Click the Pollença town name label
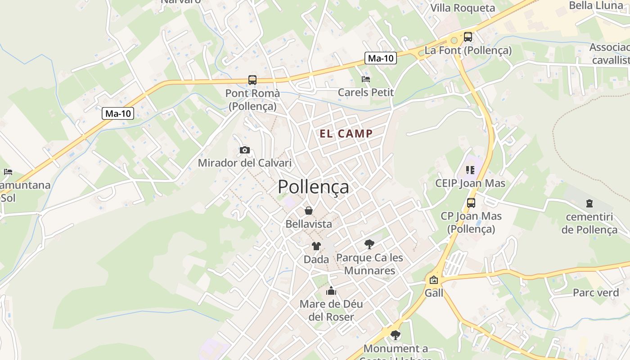pos(313,186)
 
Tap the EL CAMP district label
pos(346,134)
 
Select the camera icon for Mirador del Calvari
pos(245,150)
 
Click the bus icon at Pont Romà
pos(252,80)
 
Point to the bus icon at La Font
pos(468,37)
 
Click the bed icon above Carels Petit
pos(366,79)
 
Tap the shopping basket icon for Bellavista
pos(309,211)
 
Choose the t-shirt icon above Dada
pos(316,246)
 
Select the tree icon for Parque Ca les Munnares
pos(369,244)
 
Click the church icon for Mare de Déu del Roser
pos(331,291)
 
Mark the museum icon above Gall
pos(434,280)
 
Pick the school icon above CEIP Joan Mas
pos(470,170)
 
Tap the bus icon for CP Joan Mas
pos(471,203)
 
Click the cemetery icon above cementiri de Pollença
pos(589,204)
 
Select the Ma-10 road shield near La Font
pos(380,58)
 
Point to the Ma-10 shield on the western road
pos(118,113)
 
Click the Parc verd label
pos(596,292)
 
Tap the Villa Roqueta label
pos(463,8)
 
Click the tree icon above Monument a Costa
pos(396,335)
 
